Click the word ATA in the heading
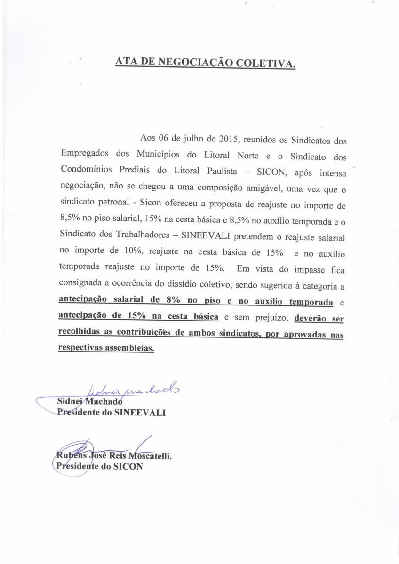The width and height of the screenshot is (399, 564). pyautogui.click(x=126, y=62)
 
